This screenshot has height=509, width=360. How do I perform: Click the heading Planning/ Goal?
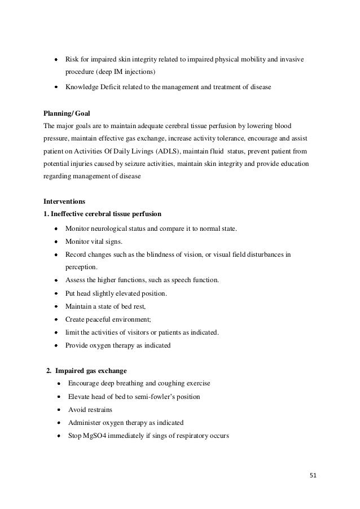click(66, 113)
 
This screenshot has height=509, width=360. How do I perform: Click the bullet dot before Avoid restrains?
click(59, 410)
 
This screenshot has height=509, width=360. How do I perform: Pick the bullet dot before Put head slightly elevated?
click(57, 293)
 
